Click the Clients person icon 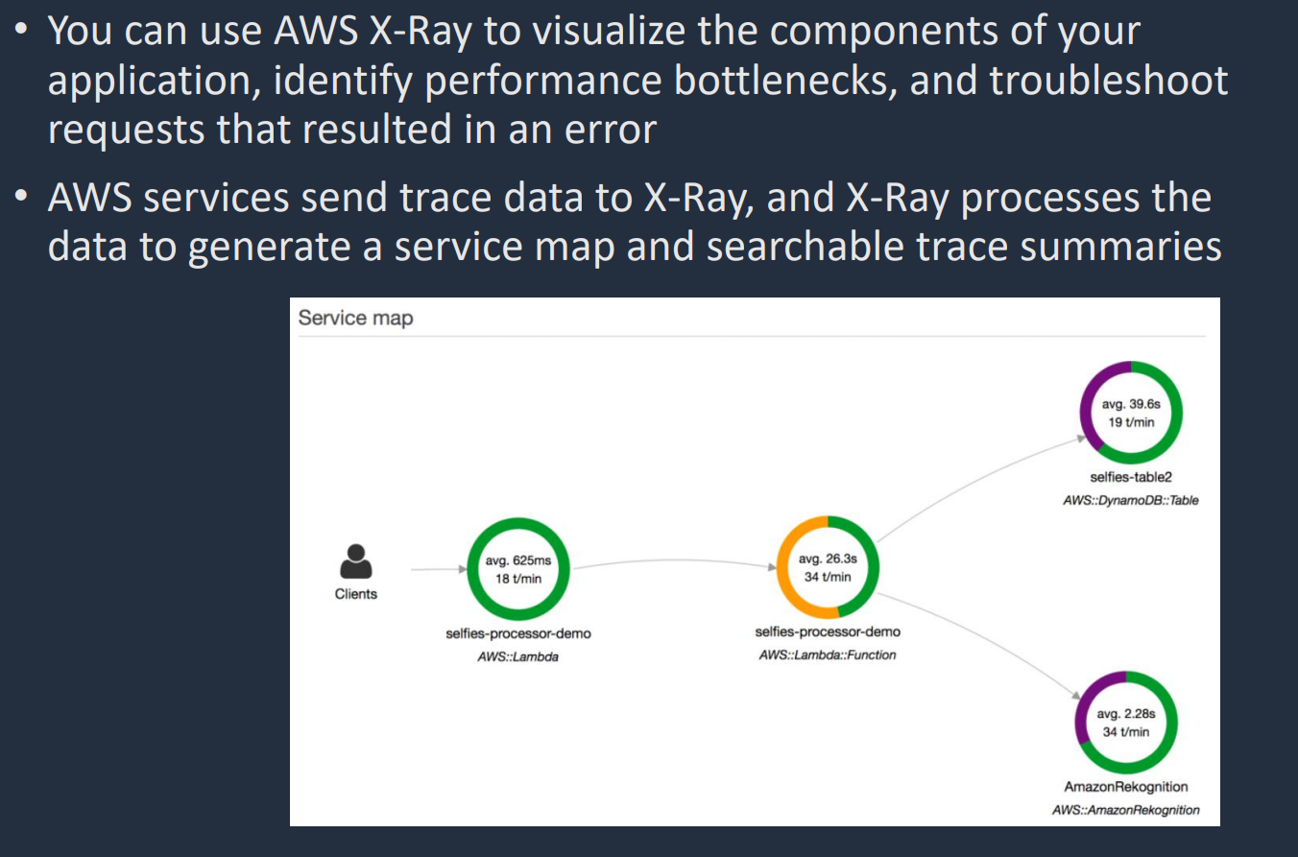tap(356, 561)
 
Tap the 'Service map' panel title tap(355, 318)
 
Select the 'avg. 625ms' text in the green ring tap(518, 560)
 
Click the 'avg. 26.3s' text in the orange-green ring tap(828, 559)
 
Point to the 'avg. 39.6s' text tap(1131, 404)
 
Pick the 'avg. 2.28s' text tap(1126, 714)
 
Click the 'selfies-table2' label tap(1131, 477)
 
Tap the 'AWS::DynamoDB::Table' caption tap(1131, 500)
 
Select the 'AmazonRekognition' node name tap(1126, 786)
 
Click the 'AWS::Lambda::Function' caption tap(828, 655)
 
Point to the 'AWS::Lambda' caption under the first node tap(518, 656)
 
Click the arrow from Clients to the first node tap(439, 569)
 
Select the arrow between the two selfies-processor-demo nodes tap(675, 560)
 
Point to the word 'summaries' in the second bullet tap(1120, 247)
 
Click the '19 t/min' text tap(1131, 422)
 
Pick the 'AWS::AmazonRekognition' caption tap(1126, 810)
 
